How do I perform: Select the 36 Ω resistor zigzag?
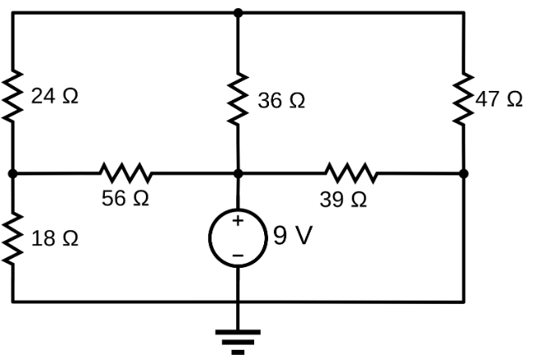tap(238, 100)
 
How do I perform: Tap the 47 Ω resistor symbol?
tap(464, 98)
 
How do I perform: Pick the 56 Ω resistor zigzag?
tap(125, 174)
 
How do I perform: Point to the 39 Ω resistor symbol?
tap(351, 174)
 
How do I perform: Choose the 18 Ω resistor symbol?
tap(13, 238)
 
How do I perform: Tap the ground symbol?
tap(238, 339)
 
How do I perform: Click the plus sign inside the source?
tap(238, 221)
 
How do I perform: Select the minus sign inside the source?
tap(238, 256)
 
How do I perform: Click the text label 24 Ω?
tap(55, 97)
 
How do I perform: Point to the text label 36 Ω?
tap(281, 101)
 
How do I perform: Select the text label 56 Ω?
tap(125, 199)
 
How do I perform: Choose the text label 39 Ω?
tap(344, 199)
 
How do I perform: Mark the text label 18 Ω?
tap(55, 238)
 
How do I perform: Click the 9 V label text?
tap(293, 237)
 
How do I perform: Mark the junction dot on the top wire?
tap(238, 13)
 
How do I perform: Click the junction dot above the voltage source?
tap(238, 174)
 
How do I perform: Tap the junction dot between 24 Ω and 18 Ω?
tap(13, 174)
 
